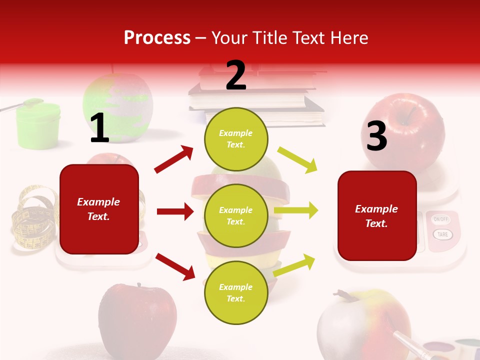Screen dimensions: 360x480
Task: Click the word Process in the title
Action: (x=157, y=37)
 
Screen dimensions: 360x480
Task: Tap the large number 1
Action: (x=99, y=128)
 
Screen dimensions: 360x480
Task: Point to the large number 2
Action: (x=236, y=75)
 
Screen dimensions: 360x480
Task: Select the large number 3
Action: (x=376, y=136)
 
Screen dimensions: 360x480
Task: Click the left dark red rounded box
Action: (x=99, y=209)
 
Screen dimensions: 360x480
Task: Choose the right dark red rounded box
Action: (x=377, y=215)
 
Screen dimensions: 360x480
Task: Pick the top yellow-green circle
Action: (x=236, y=139)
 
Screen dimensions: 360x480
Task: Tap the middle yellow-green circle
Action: (x=236, y=215)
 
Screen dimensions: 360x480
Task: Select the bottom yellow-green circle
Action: (x=236, y=292)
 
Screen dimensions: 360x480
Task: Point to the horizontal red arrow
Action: (x=175, y=211)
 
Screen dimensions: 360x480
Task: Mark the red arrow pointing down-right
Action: (x=175, y=266)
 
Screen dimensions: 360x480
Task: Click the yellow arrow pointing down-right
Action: (x=297, y=159)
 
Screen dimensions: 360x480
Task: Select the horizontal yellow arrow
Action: (x=296, y=210)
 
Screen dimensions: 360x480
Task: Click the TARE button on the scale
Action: (x=442, y=234)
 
